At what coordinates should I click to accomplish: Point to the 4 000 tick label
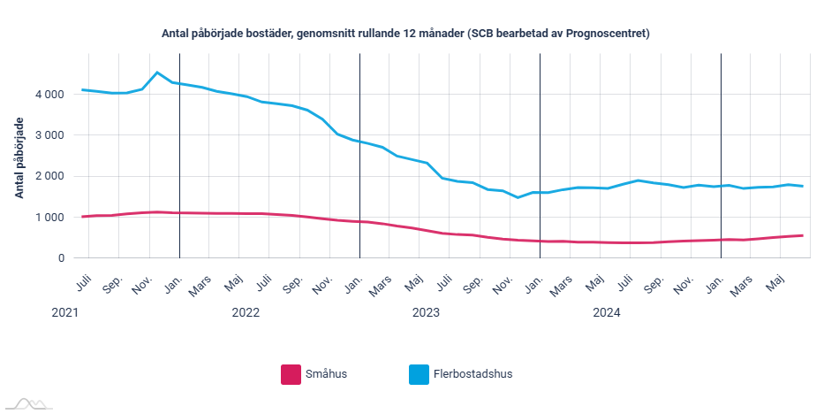click(49, 95)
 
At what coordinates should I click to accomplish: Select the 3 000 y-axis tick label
click(49, 135)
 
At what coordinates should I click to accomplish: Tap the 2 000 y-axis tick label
click(49, 176)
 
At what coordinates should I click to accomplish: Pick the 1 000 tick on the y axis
click(49, 218)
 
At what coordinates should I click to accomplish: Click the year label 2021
click(64, 313)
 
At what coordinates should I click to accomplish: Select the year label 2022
click(246, 313)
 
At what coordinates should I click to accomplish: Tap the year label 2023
click(426, 313)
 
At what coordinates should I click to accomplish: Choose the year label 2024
click(607, 313)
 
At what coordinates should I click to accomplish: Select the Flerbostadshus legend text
click(472, 374)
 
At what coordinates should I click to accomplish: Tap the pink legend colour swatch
click(291, 374)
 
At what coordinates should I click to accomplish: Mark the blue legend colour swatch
click(420, 374)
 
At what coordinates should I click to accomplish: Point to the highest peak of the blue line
click(157, 73)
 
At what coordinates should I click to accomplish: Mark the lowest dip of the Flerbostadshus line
click(518, 197)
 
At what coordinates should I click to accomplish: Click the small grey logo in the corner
click(26, 403)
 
